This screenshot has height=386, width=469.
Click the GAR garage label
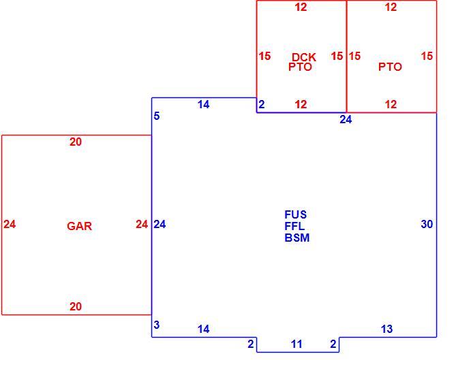pos(79,226)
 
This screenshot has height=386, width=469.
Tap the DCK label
pos(304,57)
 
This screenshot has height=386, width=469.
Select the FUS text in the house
pos(296,214)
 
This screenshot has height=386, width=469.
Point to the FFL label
pos(294,226)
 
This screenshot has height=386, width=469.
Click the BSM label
pos(297,238)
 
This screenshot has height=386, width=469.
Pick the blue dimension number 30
pos(427,224)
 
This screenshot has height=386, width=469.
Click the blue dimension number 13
pos(387,329)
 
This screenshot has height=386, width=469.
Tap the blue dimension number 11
pos(297,344)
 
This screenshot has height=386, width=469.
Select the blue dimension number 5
pos(157,116)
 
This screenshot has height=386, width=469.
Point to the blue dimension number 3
pos(156,325)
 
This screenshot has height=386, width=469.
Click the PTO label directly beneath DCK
pos(300,67)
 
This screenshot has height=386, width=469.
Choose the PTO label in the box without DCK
pos(390,67)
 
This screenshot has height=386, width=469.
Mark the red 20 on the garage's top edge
pos(76,142)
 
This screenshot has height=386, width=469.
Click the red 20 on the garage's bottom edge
pos(76,306)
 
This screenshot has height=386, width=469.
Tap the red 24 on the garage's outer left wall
pos(10,224)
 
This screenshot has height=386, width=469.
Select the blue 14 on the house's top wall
pos(203,104)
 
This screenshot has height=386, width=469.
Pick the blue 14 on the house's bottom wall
pos(203,329)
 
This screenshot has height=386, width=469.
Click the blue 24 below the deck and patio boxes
pos(346,120)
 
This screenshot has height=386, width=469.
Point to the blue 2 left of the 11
pos(251,344)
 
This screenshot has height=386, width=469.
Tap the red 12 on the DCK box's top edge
pos(301,7)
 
